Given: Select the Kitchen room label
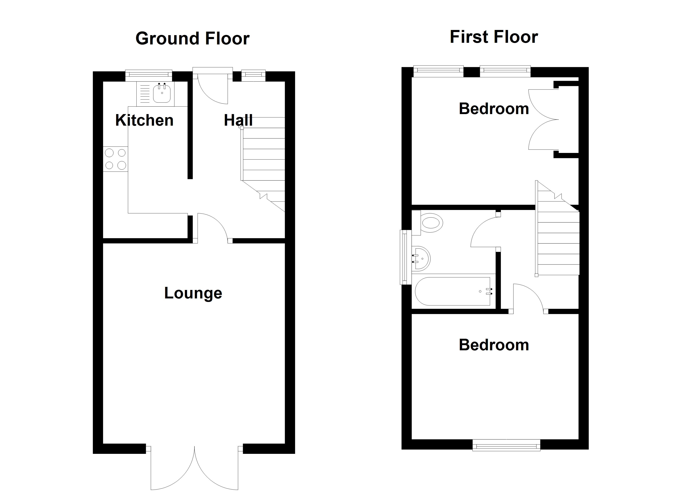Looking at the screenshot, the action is [x=144, y=120].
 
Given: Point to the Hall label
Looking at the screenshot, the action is [x=238, y=120].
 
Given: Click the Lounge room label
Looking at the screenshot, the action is [x=193, y=293].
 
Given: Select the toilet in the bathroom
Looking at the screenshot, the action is [x=428, y=223].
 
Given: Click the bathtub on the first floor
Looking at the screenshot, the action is [x=453, y=291].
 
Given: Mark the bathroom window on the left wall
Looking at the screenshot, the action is [x=405, y=257].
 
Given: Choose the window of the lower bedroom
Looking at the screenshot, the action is [x=506, y=445].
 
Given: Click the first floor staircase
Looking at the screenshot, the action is [x=557, y=229].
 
